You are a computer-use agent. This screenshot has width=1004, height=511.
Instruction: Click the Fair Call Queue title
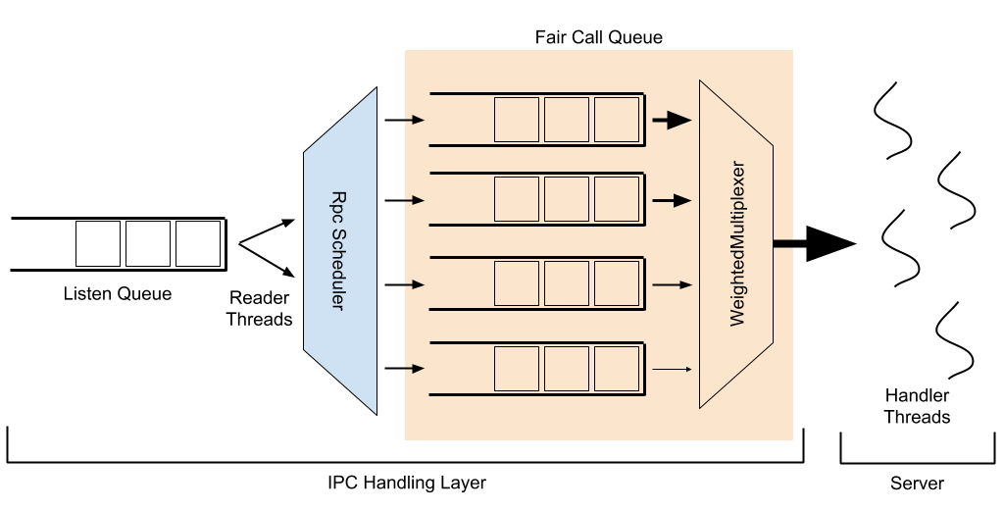tap(598, 38)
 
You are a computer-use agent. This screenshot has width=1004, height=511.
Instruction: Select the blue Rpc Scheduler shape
tap(340, 251)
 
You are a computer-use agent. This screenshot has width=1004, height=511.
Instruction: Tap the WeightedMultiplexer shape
tap(736, 244)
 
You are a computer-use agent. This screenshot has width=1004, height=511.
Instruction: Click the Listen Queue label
tap(117, 293)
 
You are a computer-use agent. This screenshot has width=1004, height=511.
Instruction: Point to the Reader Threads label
tap(260, 307)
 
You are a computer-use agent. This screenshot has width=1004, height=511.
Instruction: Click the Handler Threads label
tap(917, 407)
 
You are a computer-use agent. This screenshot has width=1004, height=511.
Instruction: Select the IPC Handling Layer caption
tap(406, 483)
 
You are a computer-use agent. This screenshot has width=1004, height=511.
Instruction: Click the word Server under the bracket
tap(917, 483)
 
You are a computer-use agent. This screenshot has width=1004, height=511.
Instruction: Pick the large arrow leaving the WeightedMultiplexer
tap(813, 243)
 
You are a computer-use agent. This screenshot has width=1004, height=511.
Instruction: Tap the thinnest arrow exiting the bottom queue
tap(672, 370)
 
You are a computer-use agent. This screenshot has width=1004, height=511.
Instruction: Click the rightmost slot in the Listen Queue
tap(197, 243)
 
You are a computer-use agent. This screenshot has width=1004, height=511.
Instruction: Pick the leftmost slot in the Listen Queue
tap(98, 243)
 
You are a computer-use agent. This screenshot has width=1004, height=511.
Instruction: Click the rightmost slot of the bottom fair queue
tap(616, 370)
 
